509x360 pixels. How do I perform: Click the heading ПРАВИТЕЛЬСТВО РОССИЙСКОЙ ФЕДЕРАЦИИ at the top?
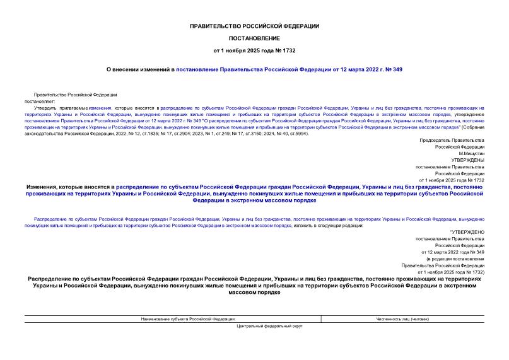[x=254, y=26]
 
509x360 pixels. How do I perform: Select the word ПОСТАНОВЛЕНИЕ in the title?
[x=254, y=38]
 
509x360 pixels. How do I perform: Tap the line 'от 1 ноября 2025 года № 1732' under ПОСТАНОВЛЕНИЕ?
[x=254, y=49]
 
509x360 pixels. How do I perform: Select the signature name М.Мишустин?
[x=471, y=153]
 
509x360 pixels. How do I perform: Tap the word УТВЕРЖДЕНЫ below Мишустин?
[x=467, y=160]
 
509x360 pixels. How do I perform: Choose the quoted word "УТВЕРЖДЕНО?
[x=467, y=232]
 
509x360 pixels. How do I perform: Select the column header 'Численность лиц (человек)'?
[x=402, y=319]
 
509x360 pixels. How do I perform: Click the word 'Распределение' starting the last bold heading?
[x=50, y=278]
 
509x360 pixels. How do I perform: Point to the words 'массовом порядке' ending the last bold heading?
[x=254, y=292]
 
